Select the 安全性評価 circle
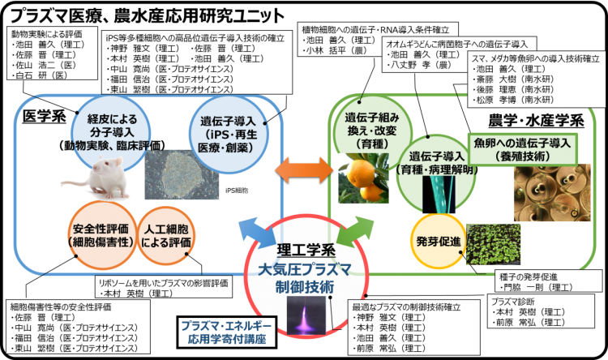pos(98,235)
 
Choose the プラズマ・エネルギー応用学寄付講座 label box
pos(225,329)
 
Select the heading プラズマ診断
pos(511,302)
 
